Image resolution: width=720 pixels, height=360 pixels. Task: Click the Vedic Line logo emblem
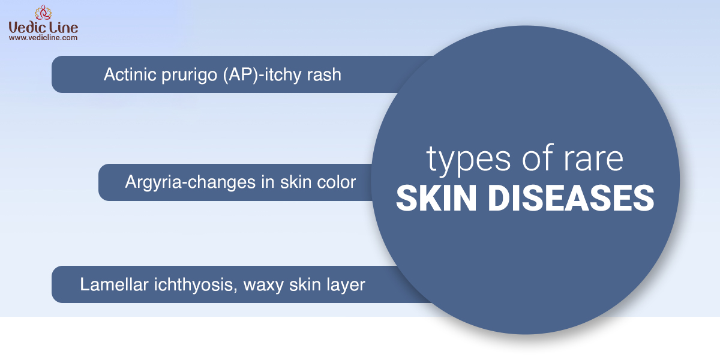pyautogui.click(x=43, y=13)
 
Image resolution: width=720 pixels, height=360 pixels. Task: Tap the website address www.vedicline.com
pyautogui.click(x=43, y=38)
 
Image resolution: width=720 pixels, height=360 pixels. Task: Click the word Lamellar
pyautogui.click(x=114, y=284)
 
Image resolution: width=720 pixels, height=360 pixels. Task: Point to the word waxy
pyautogui.click(x=263, y=286)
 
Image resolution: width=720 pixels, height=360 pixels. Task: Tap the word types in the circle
pyautogui.click(x=469, y=160)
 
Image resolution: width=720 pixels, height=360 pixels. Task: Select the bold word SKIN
pyautogui.click(x=436, y=199)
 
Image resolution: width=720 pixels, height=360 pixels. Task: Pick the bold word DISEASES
pyautogui.click(x=571, y=199)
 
